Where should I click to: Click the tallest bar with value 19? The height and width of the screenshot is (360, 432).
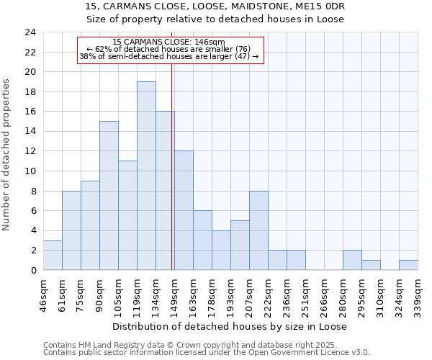pos(146,176)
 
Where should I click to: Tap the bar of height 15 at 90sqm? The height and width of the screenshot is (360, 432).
pos(109,195)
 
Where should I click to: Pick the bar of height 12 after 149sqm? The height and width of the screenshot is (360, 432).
pos(184,210)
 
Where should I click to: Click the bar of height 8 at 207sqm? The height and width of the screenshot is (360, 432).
pos(258,230)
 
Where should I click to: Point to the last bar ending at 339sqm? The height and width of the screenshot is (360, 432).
pos(408,265)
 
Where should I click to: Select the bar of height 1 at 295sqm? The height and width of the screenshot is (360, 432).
pos(371,265)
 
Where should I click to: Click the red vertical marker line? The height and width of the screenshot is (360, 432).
pos(172,180)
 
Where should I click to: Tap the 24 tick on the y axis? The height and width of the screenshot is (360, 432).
pos(30,32)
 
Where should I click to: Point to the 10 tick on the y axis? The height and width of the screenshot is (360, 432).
pos(30,171)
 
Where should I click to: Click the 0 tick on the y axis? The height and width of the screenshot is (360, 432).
pos(32,270)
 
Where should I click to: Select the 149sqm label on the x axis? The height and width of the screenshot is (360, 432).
pos(174,295)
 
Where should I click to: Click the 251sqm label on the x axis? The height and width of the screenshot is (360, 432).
pos(305,295)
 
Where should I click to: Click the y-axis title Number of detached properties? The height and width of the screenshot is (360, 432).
pos(6,155)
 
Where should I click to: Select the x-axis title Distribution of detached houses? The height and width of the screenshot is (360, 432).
pos(230,326)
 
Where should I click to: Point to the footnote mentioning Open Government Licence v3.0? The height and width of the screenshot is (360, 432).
pos(207,353)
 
